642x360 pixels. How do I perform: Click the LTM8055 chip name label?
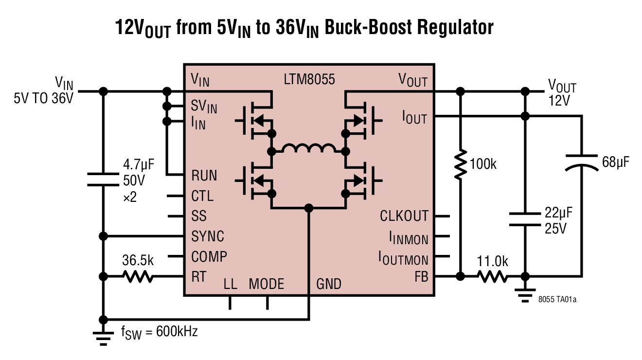tap(309, 79)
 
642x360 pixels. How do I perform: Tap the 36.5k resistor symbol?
tap(138, 277)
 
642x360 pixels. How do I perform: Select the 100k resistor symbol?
tap(460, 165)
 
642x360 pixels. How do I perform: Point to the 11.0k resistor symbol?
tap(492, 277)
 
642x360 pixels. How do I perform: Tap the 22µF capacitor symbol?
tap(525, 219)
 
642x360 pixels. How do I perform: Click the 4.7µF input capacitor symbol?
tap(103, 179)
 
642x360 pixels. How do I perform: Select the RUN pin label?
tap(204, 175)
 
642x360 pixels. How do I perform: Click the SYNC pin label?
tap(208, 236)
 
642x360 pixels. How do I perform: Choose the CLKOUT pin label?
tap(404, 216)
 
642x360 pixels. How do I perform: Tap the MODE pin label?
tap(266, 284)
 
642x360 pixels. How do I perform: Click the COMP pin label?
tap(209, 256)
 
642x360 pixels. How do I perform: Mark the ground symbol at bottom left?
tap(103, 338)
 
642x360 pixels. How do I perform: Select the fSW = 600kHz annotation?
tap(160, 333)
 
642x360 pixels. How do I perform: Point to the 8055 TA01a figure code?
tap(557, 300)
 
